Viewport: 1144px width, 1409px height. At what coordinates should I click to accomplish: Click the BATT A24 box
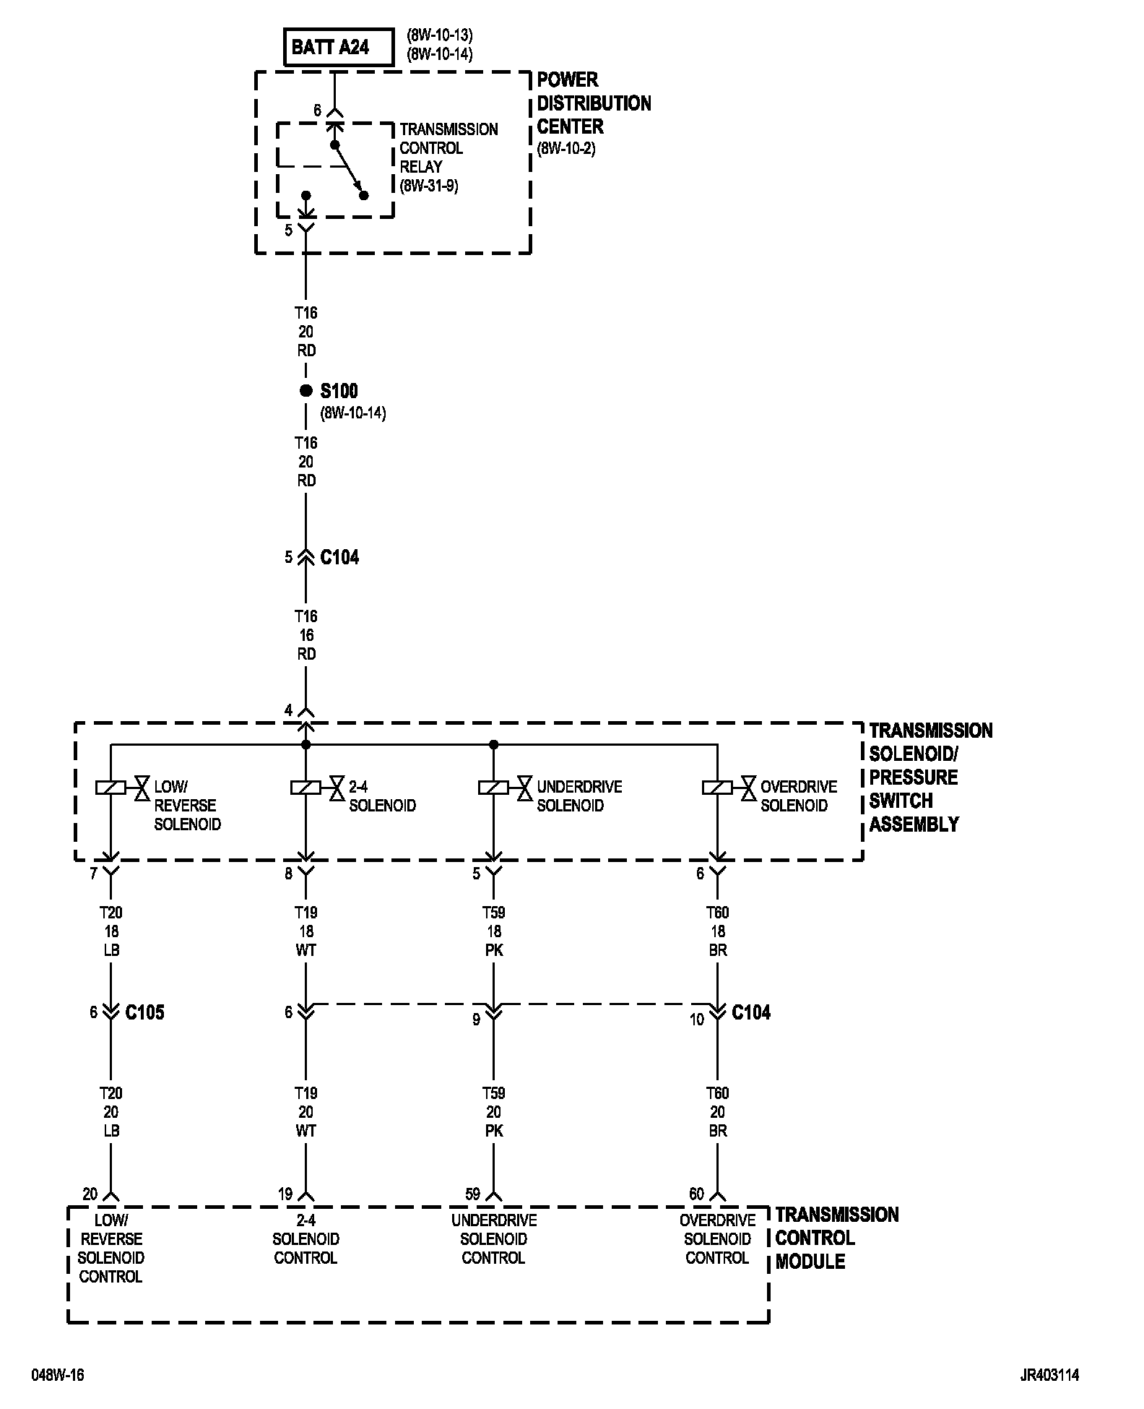(x=339, y=48)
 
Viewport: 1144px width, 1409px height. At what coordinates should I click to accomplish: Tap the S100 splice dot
(x=305, y=391)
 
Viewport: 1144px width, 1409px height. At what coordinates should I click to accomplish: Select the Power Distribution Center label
(x=594, y=103)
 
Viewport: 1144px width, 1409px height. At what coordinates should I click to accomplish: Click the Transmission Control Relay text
(x=448, y=148)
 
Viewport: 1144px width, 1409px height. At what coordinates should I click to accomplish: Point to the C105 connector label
(x=144, y=1012)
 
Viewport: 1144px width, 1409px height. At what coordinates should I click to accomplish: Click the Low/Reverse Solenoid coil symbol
(x=110, y=787)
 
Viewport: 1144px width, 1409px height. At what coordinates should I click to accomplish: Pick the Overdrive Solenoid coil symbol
(x=717, y=787)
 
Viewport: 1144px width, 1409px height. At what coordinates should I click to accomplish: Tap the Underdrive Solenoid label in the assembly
(x=579, y=796)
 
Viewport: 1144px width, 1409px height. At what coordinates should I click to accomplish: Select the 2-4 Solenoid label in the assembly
(x=382, y=796)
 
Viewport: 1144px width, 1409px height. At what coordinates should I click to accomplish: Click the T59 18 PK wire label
(x=493, y=931)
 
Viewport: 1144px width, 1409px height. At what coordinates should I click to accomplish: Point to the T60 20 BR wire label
(x=717, y=1112)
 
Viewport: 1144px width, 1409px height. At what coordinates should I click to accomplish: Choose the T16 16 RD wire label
(x=306, y=635)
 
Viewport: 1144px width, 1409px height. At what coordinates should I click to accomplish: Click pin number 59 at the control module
(x=472, y=1194)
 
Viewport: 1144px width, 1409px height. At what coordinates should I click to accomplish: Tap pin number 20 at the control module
(x=90, y=1194)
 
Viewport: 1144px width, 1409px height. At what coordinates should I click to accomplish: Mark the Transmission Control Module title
(x=836, y=1238)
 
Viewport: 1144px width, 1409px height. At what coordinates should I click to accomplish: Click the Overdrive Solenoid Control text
(x=717, y=1239)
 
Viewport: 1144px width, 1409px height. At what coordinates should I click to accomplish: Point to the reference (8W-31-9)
(x=429, y=186)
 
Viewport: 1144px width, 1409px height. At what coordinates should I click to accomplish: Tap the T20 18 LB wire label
(x=110, y=931)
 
